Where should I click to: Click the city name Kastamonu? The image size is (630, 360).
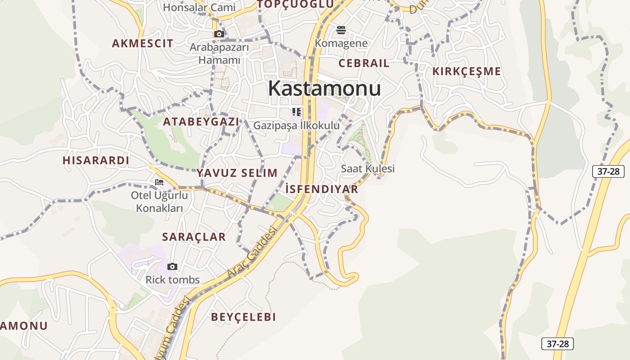pos(324,89)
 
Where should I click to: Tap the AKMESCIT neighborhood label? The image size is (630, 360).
pos(142,43)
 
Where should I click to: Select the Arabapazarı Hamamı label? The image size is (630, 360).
pos(219,54)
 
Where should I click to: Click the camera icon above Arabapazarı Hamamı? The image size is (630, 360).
pos(219,34)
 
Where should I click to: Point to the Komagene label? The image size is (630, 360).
pos(341,43)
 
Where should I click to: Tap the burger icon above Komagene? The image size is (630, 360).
pos(341,30)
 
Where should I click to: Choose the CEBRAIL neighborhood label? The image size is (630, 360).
pos(364,63)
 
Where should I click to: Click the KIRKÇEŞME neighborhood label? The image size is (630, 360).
pos(467,71)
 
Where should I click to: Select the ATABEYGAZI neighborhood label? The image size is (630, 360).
pos(201,121)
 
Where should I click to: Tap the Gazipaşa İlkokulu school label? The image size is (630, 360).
pos(297,126)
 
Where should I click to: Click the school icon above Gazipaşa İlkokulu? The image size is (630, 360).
pos(296,112)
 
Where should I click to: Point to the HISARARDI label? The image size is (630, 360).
pos(96,160)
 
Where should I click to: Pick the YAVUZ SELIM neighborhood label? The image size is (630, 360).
pos(237,173)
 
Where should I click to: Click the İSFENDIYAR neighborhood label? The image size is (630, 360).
pos(322,189)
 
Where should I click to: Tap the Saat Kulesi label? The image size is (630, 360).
pos(368,168)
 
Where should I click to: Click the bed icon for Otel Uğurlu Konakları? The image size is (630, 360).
pos(159,182)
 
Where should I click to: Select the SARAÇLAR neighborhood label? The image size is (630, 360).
pos(194,237)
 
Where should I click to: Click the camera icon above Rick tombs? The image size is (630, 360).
pos(172,267)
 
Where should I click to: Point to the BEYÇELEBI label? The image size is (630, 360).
pos(243,317)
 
